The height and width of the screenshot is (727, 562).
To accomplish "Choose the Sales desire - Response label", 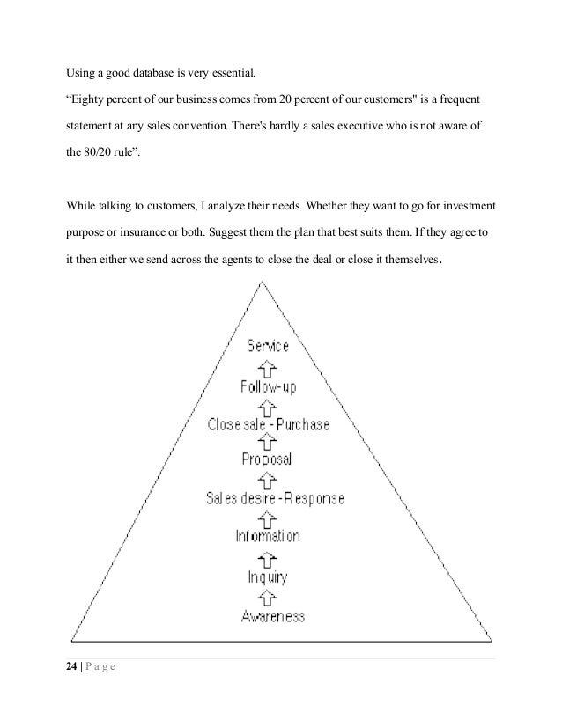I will click(x=275, y=498).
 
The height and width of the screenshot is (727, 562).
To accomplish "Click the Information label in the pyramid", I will click(x=268, y=536).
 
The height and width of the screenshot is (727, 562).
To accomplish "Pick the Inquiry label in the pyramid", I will click(x=267, y=577).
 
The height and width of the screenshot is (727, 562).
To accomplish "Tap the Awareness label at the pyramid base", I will click(x=273, y=616).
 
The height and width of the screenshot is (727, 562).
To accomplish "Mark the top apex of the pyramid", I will click(x=261, y=281).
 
